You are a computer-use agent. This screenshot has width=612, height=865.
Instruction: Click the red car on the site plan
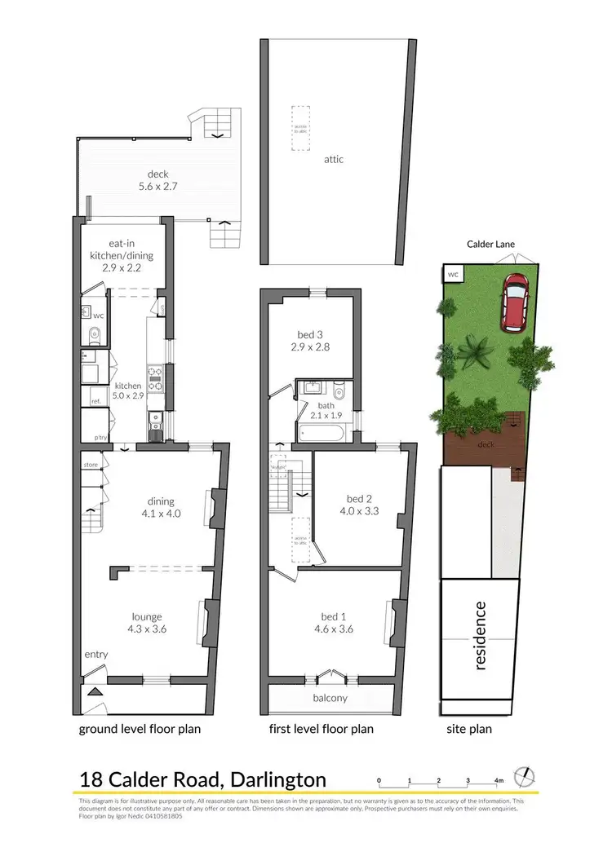[x=514, y=302]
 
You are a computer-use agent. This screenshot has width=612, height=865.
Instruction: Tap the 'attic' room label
[x=333, y=160]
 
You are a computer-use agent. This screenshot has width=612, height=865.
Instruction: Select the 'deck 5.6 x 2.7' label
[x=158, y=179]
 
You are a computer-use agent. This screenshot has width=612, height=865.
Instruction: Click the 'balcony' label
[x=330, y=698]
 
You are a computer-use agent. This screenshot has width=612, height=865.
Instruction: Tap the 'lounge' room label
[x=147, y=623]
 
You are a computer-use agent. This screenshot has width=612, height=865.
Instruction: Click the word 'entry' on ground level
[x=95, y=655]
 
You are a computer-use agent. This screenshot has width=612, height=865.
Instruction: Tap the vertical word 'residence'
[x=481, y=635]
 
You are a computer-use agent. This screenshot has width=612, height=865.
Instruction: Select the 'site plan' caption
[x=469, y=729]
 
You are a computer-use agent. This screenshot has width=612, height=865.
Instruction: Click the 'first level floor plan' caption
[x=322, y=729]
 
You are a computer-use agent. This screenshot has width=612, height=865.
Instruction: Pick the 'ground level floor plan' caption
[x=140, y=729]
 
